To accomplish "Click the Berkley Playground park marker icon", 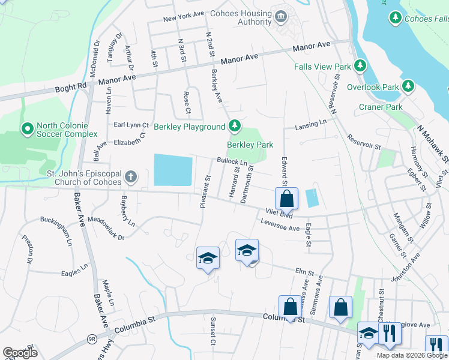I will pos(235,126).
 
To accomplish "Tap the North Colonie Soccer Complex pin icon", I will pos(27,129).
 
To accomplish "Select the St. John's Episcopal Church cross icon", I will pos(130,178).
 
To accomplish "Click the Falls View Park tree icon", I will pos(360,65).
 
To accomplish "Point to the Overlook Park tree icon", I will pos(408,86).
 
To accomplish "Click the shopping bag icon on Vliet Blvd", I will pos(287,197).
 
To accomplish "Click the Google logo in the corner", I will pos(20,352).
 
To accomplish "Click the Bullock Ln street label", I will pos(232,162).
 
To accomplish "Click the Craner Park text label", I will pos(381,107).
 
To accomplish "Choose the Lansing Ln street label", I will pos(310,124).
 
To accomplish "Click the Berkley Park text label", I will pos(250,145).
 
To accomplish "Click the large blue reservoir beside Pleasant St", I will pos(173,170).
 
